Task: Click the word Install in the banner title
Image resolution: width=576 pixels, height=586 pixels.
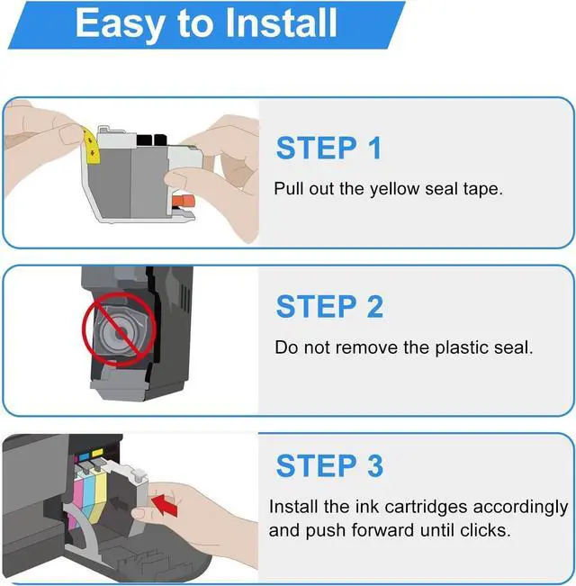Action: (282, 23)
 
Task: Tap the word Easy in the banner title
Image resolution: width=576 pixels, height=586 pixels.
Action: (120, 24)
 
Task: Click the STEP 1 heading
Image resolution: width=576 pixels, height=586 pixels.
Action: (328, 149)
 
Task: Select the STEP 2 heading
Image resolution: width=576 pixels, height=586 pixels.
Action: (329, 306)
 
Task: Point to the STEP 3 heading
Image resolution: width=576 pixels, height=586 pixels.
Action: (329, 465)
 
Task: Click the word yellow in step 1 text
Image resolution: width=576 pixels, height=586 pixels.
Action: (394, 189)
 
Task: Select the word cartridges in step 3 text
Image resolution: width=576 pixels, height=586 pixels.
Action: (426, 508)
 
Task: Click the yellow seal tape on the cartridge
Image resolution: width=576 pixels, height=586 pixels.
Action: (91, 145)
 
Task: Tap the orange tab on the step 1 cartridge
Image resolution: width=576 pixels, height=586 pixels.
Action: (184, 201)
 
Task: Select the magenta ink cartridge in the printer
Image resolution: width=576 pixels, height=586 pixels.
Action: (76, 493)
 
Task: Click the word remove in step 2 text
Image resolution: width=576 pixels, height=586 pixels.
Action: (367, 348)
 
